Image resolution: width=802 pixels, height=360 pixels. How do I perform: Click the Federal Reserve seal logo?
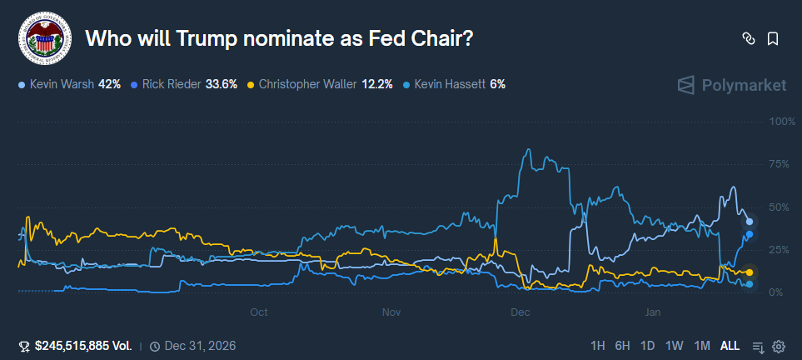point(45,38)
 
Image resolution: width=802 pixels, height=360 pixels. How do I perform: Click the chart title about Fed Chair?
point(280,38)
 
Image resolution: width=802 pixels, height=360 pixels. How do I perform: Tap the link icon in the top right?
point(748,38)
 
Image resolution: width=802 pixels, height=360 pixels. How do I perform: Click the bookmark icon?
point(773,38)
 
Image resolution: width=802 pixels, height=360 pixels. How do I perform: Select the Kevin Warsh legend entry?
point(70,84)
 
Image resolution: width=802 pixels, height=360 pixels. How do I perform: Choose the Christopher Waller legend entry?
point(321,84)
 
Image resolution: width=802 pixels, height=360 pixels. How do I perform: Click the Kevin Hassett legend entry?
point(454,84)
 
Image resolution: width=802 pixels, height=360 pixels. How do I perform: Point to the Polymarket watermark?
point(732,85)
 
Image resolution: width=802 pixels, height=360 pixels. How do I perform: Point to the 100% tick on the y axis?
point(783,122)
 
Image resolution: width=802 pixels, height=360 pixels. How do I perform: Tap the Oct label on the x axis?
point(259,312)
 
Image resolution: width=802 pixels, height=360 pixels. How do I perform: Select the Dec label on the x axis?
point(521,312)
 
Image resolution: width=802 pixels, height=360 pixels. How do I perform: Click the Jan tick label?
point(653,312)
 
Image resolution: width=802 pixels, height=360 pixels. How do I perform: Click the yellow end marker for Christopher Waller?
point(750,272)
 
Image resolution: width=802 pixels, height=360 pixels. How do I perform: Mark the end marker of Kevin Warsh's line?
point(750,222)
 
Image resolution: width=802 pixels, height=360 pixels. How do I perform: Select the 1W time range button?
point(675,346)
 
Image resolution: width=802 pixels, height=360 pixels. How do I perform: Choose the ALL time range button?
point(730,346)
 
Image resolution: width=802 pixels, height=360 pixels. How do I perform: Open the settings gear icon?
point(779,346)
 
